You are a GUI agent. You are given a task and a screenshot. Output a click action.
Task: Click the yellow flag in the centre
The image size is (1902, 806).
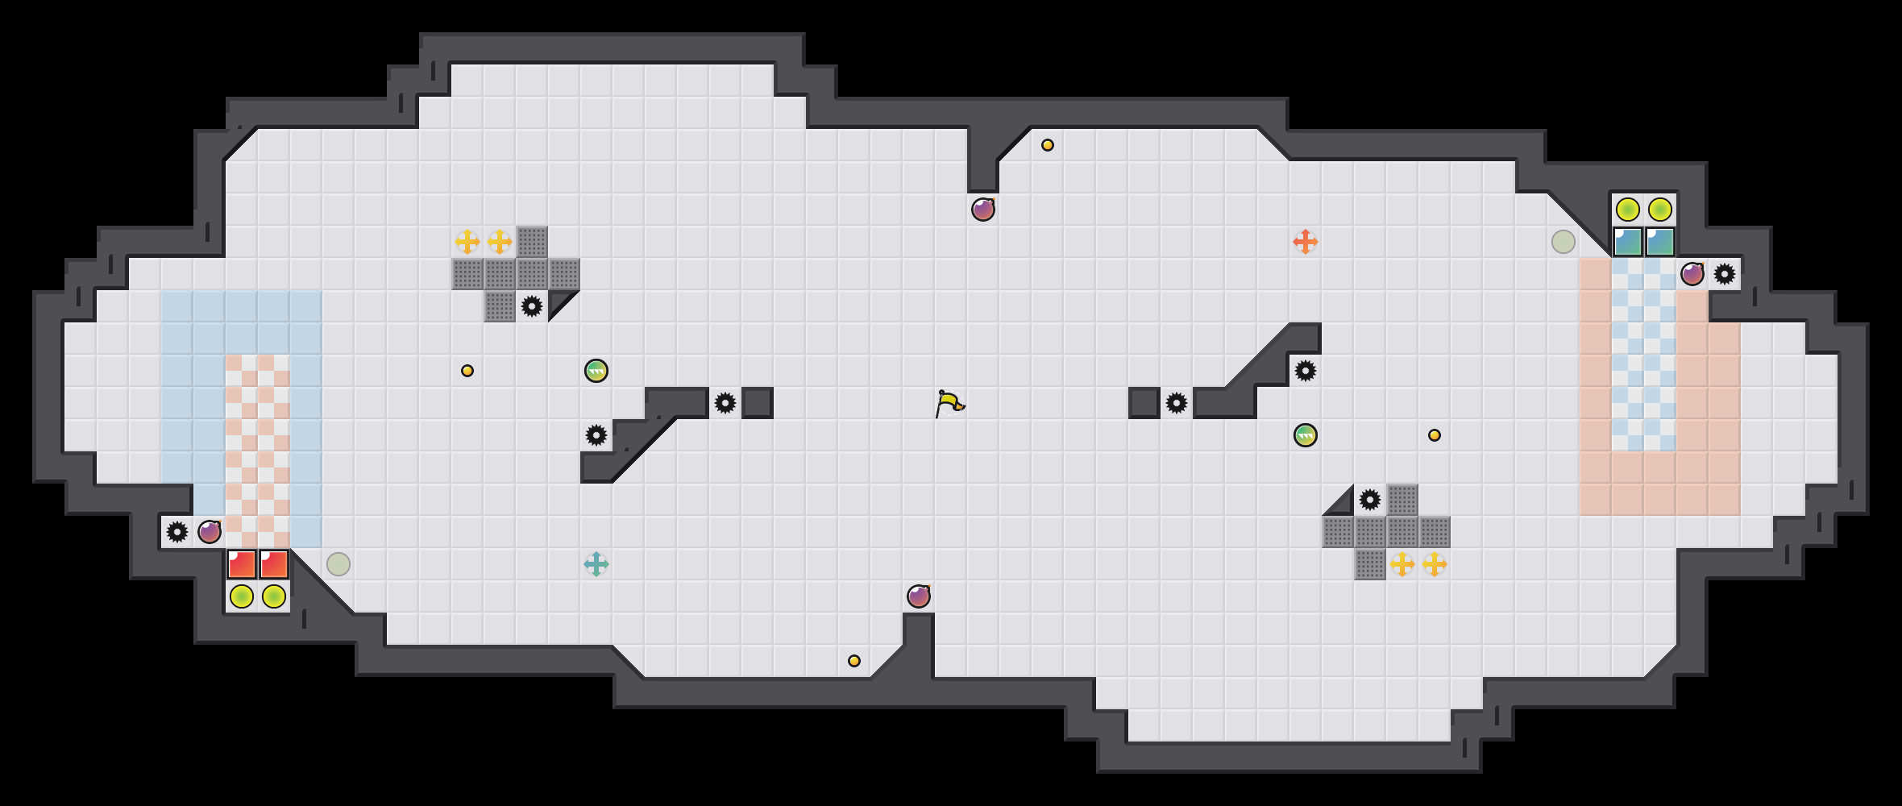pos(949,403)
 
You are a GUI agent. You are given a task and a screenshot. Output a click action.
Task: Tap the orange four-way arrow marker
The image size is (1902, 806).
pos(1305,242)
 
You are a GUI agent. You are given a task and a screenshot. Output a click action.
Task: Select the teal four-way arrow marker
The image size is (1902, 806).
pos(596,564)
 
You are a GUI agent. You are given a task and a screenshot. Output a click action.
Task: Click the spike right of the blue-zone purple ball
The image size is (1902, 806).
pos(1724,274)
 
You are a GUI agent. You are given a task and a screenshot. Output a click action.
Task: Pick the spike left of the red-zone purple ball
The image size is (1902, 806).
pos(177,532)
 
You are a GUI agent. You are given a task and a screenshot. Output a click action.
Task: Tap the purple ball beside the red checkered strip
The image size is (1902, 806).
pos(210,532)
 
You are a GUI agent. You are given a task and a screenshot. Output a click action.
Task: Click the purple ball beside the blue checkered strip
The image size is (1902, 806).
pos(1692,274)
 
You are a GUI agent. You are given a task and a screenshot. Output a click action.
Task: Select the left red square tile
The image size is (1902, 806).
pos(242,564)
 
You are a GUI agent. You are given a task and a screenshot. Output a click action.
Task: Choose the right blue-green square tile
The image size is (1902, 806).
pos(1659,242)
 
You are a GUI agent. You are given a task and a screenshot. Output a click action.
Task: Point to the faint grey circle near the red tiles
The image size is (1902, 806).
pos(338,564)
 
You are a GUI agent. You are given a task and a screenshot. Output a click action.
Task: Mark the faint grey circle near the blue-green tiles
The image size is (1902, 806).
pos(1563,242)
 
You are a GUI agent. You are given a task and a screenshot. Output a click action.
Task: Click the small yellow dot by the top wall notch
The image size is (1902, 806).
pos(1047,145)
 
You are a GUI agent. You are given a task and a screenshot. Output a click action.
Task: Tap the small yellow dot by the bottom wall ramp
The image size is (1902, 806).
pos(853,661)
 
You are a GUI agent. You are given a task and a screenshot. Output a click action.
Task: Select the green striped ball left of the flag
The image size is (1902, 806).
pos(596,371)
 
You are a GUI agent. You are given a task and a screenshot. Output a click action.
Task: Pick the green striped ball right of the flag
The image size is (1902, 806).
pos(1305,435)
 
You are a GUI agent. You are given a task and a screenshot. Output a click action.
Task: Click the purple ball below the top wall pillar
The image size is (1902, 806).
pos(982,210)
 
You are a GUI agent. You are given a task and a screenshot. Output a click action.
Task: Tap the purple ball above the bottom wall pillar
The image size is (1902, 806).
pos(918,596)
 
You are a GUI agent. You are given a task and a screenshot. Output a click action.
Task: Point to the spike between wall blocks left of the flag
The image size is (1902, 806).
pos(725,403)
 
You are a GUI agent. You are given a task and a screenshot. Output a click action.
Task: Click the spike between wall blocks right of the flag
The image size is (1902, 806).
pos(1176,403)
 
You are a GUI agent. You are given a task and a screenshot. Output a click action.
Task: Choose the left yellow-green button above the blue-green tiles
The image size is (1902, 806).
pos(1627,210)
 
